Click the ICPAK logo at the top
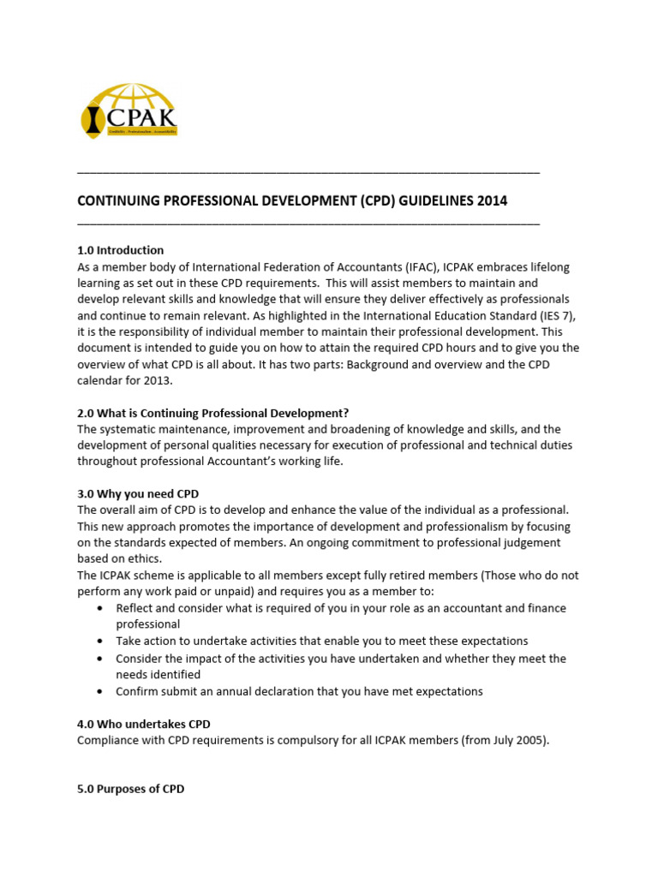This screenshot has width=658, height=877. click(x=129, y=111)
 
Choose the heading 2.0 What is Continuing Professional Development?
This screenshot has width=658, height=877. click(x=213, y=413)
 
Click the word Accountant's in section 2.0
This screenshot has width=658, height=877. click(x=293, y=461)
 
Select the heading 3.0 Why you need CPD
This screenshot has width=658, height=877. click(x=138, y=493)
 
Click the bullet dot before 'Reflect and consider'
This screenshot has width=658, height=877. click(x=101, y=607)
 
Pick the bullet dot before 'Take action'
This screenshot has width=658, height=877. click(x=101, y=641)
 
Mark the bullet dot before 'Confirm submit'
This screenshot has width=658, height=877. click(x=101, y=690)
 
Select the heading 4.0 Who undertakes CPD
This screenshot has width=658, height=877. click(x=144, y=724)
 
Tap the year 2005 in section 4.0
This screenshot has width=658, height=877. click(x=527, y=740)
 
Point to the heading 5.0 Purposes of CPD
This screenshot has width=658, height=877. click(x=130, y=789)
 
